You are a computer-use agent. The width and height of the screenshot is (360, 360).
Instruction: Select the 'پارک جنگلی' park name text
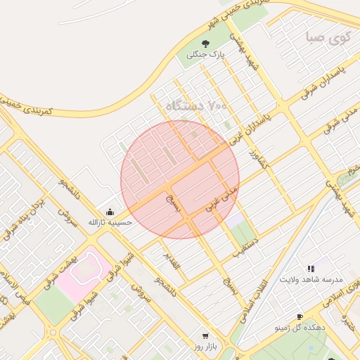pyautogui.click(x=205, y=55)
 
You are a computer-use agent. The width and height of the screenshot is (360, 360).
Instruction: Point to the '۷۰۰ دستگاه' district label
pyautogui.click(x=198, y=106)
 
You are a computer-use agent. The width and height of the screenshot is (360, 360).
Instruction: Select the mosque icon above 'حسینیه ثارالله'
pyautogui.click(x=109, y=212)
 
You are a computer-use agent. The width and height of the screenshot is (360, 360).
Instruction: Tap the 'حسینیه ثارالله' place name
pyautogui.click(x=105, y=222)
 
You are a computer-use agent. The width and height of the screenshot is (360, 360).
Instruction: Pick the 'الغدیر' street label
pyautogui.click(x=172, y=259)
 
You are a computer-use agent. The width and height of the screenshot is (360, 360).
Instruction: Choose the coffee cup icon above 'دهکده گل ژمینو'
pyautogui.click(x=300, y=317)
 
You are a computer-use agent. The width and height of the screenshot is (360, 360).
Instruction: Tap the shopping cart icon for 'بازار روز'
pyautogui.click(x=205, y=336)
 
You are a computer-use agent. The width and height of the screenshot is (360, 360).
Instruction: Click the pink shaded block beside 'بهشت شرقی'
pyautogui.click(x=83, y=271)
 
